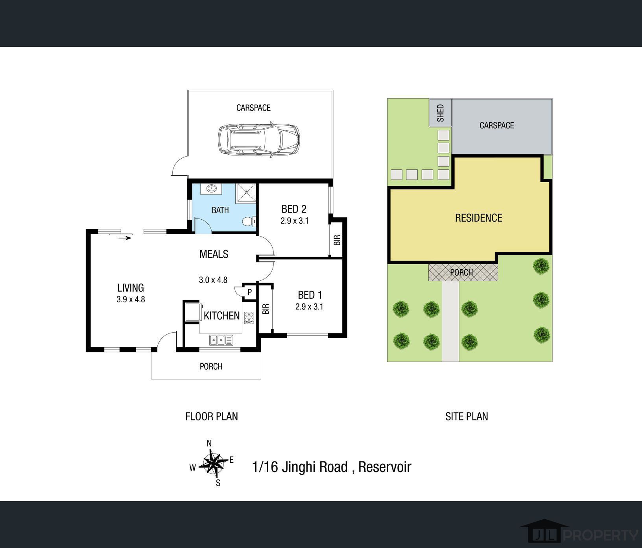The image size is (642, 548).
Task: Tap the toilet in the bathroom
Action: [249, 222]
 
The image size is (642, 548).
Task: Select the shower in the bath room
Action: [246, 193]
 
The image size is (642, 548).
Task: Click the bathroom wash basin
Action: [211, 189]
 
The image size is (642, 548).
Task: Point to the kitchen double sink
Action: [221, 340]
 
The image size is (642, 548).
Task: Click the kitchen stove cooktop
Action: [249, 318]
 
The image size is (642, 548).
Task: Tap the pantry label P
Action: [249, 293]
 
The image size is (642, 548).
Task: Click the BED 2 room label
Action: [294, 209]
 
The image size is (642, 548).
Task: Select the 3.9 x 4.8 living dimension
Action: [131, 299]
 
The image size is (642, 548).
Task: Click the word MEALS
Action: [214, 254]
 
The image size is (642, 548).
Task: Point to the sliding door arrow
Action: [125, 237]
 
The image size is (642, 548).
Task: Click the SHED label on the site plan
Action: [441, 113]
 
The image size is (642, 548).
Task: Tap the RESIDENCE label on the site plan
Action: [479, 218]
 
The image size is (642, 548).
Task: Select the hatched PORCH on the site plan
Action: [463, 272]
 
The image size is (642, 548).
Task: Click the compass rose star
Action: [214, 463]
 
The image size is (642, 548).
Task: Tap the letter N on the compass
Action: [209, 444]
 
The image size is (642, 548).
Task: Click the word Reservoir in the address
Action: [385, 467]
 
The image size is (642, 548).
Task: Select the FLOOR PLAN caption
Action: [212, 417]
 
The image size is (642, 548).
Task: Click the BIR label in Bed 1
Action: [266, 309]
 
